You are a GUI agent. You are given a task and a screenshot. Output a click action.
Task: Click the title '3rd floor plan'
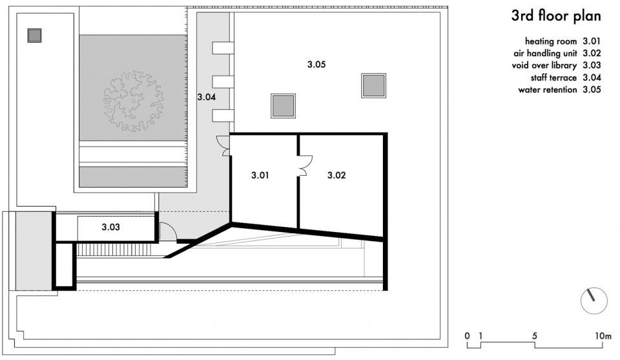[x=556, y=16]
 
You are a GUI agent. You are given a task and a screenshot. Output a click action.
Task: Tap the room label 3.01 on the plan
[x=260, y=175]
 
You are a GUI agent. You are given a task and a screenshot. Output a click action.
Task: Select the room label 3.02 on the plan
[x=336, y=175]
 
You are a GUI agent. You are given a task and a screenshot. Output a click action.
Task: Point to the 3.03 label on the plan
[x=110, y=227]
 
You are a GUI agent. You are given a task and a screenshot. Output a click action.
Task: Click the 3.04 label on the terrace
[x=207, y=97]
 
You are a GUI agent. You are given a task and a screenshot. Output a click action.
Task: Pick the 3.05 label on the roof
[x=316, y=64]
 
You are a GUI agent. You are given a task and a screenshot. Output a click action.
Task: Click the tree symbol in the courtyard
[x=134, y=101]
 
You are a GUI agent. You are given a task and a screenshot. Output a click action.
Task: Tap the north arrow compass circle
[x=594, y=301]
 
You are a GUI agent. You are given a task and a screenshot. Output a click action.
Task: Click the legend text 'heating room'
[x=551, y=41]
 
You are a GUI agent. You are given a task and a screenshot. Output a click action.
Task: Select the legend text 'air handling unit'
[x=545, y=54]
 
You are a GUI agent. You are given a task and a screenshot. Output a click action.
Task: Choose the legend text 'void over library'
[x=544, y=65]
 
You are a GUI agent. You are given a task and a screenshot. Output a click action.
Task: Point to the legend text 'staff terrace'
[x=553, y=78]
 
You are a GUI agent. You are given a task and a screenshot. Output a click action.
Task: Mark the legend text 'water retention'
[x=548, y=90]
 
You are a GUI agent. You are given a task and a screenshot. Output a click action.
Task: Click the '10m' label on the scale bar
[x=603, y=336]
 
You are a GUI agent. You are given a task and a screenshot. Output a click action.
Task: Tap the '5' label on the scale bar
[x=535, y=336]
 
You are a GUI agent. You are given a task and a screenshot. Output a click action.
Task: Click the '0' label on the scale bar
[x=468, y=336]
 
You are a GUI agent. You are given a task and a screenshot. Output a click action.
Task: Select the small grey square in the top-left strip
[x=34, y=35]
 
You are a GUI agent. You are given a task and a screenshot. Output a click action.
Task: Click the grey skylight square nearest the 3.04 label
[x=283, y=106]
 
